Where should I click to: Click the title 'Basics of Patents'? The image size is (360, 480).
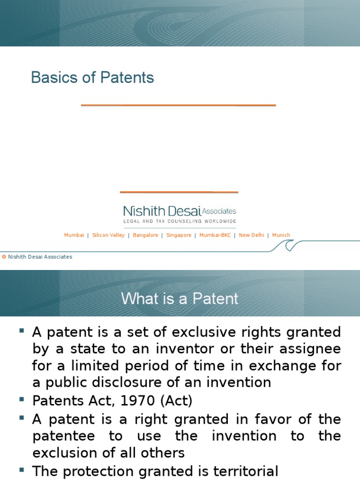pos(92,77)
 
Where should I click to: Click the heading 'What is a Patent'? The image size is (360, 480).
pos(180,299)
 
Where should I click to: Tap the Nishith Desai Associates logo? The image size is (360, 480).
pos(180,211)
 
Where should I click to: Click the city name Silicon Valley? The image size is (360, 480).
pos(108,235)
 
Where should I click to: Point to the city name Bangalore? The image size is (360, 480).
pos(145,235)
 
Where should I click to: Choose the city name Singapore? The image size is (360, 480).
pos(179,235)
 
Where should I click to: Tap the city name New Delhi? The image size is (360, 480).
pos(251,235)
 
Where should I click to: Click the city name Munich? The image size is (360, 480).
pos(281,235)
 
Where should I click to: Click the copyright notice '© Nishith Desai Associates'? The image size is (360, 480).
pos(37,257)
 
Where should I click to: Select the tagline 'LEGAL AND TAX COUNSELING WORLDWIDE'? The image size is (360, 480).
pos(180,221)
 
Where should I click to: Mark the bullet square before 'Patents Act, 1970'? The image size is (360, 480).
pos(22,399)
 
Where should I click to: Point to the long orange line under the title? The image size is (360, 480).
pos(178,105)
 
